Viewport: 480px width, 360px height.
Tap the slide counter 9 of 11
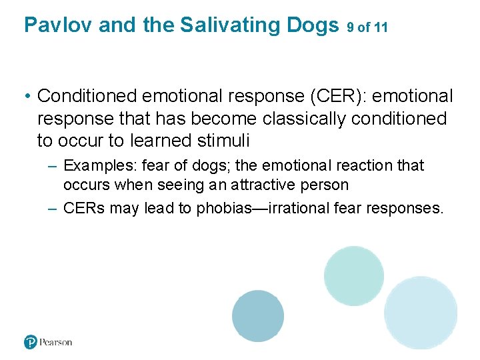[x=367, y=27]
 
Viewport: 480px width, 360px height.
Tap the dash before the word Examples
[x=53, y=166]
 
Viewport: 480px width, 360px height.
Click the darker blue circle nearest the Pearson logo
[x=258, y=316]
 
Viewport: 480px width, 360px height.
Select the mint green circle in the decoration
[x=353, y=275]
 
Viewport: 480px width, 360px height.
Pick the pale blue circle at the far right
[x=421, y=313]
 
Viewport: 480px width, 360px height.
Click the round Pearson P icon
[x=31, y=342]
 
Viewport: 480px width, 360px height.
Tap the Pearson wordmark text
[x=56, y=342]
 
